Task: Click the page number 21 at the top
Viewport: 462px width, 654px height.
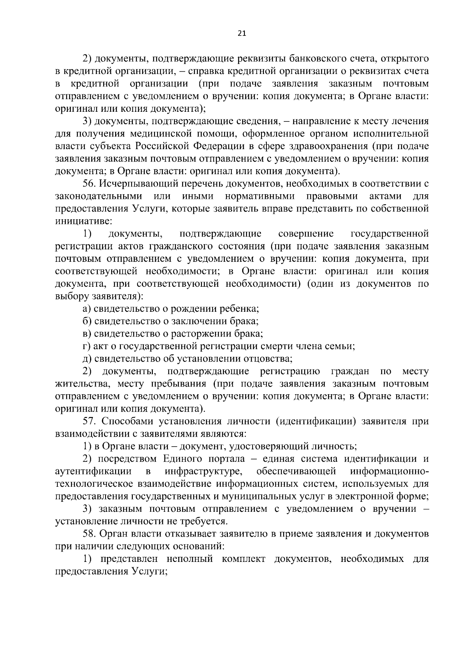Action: (x=242, y=33)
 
